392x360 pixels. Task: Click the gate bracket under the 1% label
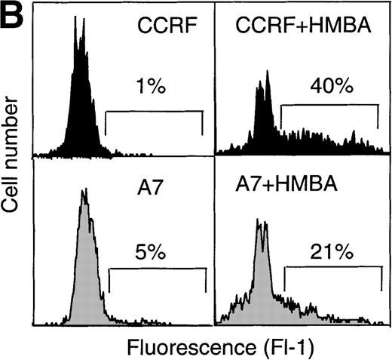[x=154, y=112]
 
